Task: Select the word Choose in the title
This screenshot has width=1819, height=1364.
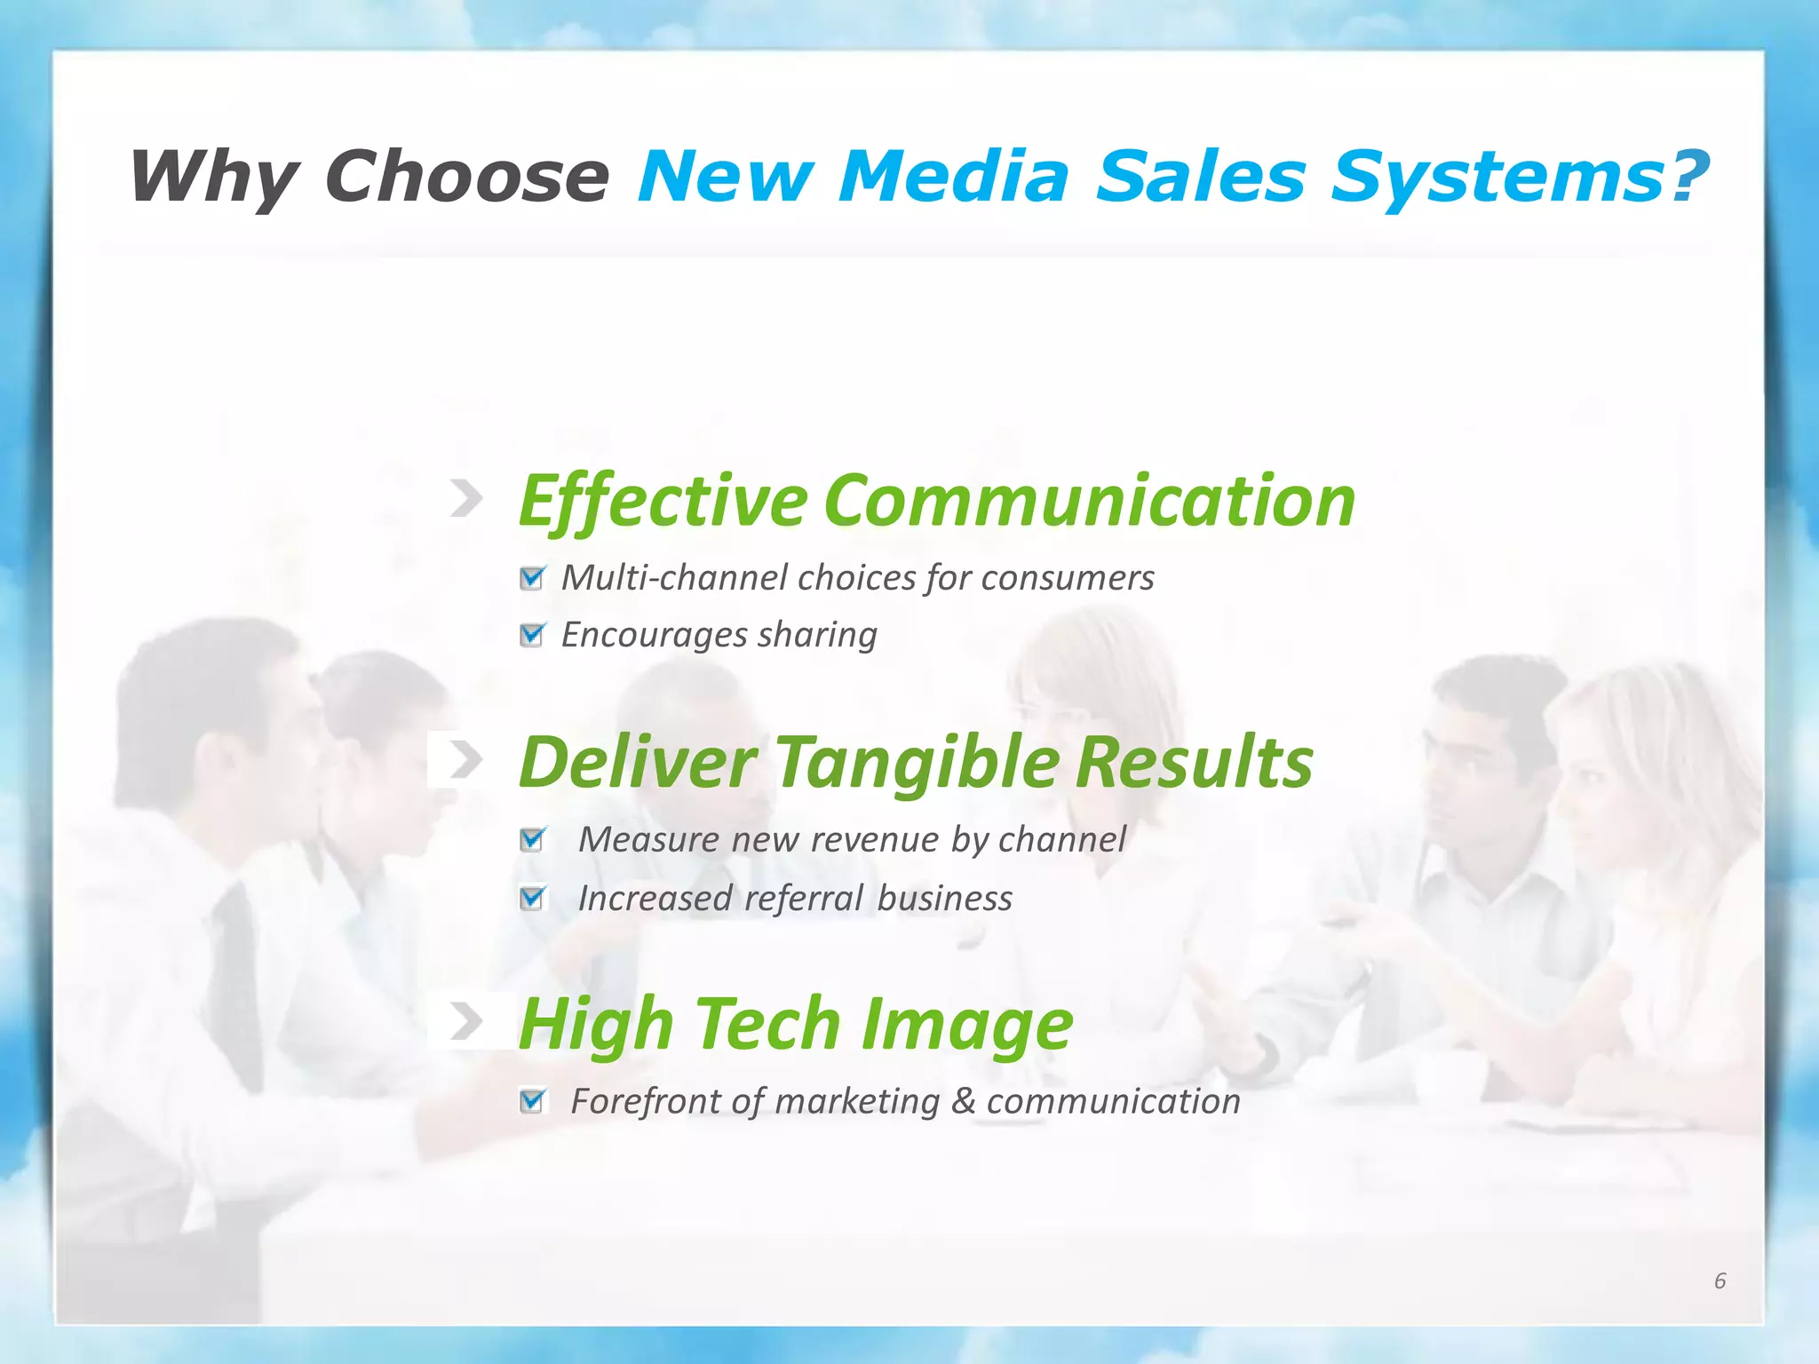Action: (x=468, y=176)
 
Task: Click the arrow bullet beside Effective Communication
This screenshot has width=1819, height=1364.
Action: (x=466, y=499)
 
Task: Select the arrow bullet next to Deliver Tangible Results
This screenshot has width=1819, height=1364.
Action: (x=466, y=760)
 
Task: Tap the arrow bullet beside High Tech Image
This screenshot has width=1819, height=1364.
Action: (x=466, y=1021)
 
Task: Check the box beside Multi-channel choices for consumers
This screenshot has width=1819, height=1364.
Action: (x=532, y=578)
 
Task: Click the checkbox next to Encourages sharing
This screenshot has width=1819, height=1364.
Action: (x=532, y=635)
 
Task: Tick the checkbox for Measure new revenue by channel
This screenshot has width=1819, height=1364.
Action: (x=532, y=839)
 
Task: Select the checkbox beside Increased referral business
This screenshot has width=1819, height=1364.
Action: (x=532, y=898)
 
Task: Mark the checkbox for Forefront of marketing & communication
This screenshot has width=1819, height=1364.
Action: (x=532, y=1101)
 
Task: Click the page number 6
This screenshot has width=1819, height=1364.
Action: (x=1720, y=1281)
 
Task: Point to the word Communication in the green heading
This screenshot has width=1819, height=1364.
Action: (x=1090, y=501)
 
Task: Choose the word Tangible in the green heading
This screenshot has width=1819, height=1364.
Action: (x=918, y=762)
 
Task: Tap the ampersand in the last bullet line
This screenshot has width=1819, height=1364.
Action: (x=963, y=1101)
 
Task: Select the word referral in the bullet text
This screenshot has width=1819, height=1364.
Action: (x=804, y=899)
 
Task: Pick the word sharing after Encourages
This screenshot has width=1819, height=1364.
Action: (x=817, y=636)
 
